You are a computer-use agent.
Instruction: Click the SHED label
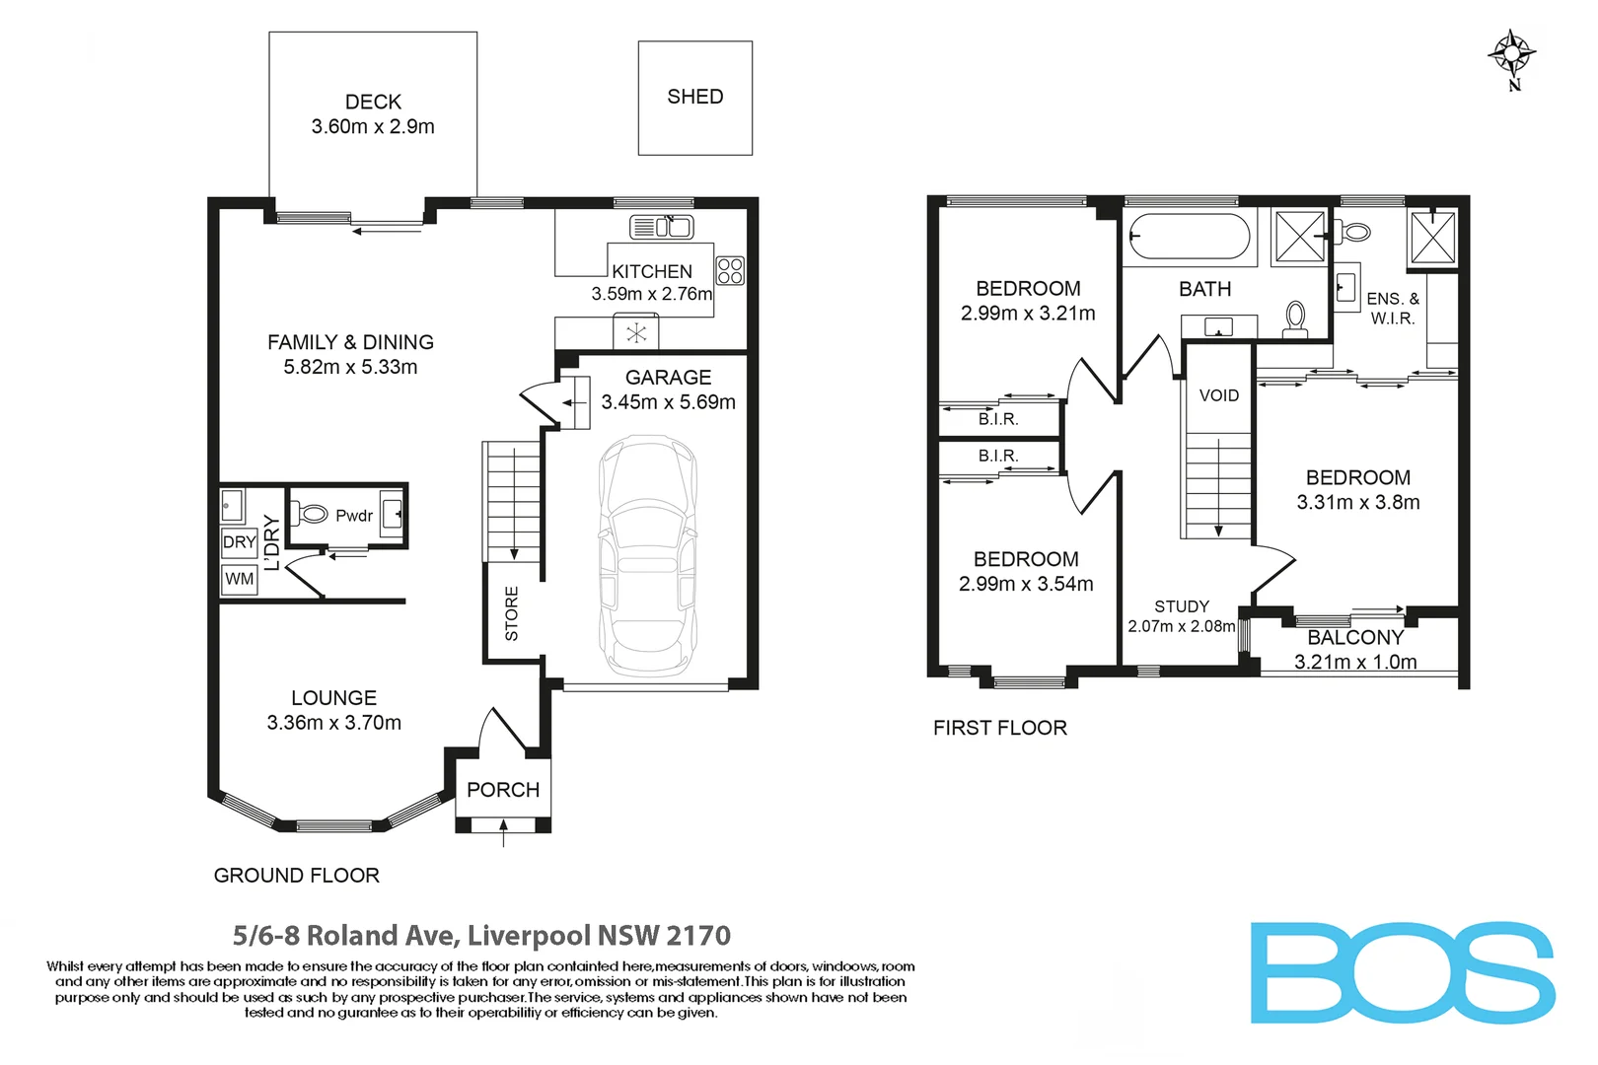tap(694, 97)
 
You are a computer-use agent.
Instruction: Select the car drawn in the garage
tap(648, 556)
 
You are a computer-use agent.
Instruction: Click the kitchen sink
tap(662, 227)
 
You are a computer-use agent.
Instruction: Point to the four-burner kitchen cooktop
tap(730, 270)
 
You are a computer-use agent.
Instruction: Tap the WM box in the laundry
tap(239, 579)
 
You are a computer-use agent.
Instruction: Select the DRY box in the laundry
tap(239, 542)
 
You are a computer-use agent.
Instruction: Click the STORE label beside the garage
tap(511, 613)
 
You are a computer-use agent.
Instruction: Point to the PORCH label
tap(503, 790)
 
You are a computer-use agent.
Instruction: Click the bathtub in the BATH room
tap(1189, 237)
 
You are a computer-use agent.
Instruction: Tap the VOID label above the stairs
tap(1219, 395)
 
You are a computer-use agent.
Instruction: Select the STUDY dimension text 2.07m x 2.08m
tap(1182, 626)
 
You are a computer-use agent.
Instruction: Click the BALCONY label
tap(1354, 638)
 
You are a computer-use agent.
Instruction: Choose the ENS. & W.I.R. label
tap(1393, 308)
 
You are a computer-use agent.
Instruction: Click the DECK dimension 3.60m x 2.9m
tap(373, 126)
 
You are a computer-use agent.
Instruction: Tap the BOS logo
tap(1403, 973)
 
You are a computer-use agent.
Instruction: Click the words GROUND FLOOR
tap(296, 876)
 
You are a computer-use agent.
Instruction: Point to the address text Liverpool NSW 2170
tap(599, 935)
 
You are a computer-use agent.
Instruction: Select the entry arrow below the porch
tap(504, 834)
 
